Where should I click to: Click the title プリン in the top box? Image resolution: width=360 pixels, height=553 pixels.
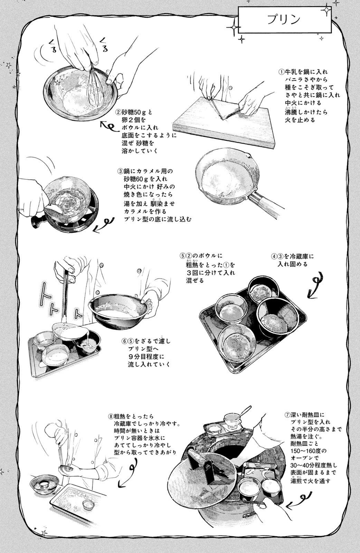284,20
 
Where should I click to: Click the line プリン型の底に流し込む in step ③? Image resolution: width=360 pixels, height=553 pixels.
158,219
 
